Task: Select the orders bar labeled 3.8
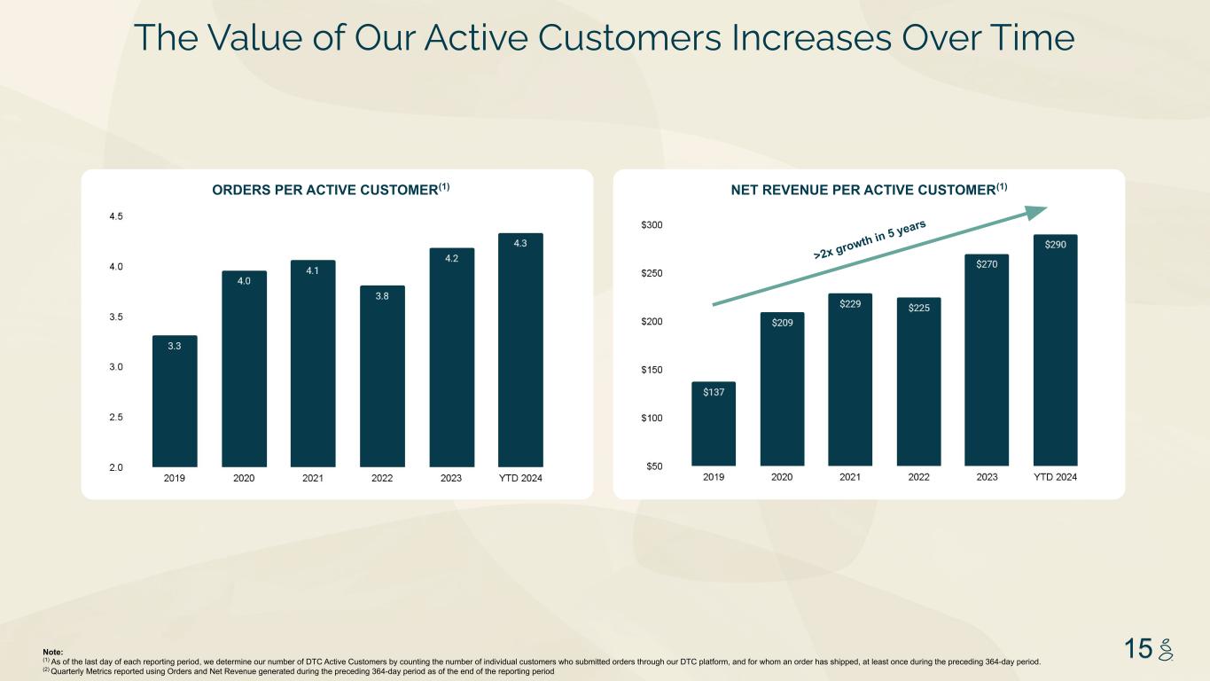pos(382,376)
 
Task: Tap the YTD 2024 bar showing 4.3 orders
pos(520,349)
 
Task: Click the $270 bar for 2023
pos(987,360)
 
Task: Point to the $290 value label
pos(1055,244)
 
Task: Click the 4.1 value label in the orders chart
pos(313,270)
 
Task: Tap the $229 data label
pos(850,304)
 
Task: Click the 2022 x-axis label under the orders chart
pos(382,480)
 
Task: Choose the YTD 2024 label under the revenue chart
pos(1055,478)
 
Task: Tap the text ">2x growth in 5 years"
pos(870,239)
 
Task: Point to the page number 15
pos(1138,650)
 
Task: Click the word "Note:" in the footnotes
pos(54,654)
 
